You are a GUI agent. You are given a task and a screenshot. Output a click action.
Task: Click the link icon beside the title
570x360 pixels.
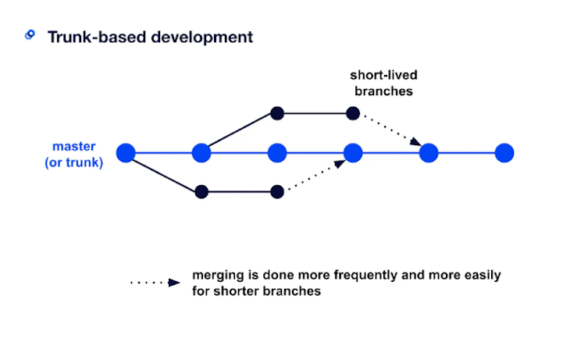coord(30,35)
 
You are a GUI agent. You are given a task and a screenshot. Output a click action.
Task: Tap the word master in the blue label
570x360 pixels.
coord(73,146)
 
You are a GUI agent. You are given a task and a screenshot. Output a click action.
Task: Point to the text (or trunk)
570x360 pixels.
coord(73,162)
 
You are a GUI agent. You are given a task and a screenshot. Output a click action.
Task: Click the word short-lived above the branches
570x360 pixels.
coord(383,77)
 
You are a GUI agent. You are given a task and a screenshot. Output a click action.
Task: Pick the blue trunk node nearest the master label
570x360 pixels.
coord(126,152)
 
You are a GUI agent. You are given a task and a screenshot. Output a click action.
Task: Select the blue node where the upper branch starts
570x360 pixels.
coord(201,152)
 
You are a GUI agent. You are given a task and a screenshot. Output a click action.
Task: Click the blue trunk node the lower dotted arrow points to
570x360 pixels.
coord(353,152)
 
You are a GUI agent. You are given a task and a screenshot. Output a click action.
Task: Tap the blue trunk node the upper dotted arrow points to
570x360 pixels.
coord(428,152)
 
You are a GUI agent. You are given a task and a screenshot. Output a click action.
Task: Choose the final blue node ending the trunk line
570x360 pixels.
coord(504,152)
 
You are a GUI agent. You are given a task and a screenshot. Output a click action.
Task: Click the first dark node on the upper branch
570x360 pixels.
coord(276,113)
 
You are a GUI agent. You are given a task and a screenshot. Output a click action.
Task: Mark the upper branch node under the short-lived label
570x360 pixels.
coord(353,113)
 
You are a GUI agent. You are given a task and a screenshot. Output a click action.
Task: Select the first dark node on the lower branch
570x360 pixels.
coord(201,191)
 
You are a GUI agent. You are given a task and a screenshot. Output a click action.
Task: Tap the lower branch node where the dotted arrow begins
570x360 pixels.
coord(276,191)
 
